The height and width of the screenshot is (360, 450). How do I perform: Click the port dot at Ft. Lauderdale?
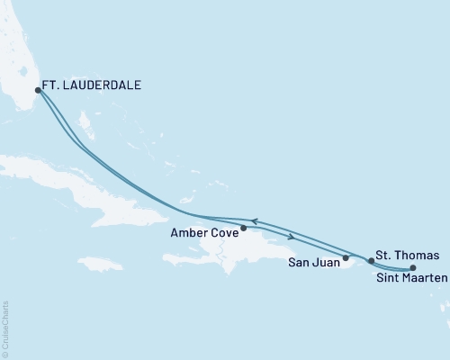point(37,90)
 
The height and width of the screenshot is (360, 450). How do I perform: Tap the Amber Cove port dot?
point(244,228)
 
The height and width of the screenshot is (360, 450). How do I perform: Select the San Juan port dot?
point(346,257)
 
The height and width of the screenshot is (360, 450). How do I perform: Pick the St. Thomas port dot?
point(371,260)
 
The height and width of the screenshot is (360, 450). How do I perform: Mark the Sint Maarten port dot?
point(413,268)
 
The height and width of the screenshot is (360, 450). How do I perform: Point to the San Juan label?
point(313,264)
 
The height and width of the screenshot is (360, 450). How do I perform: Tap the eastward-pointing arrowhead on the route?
point(291,237)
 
